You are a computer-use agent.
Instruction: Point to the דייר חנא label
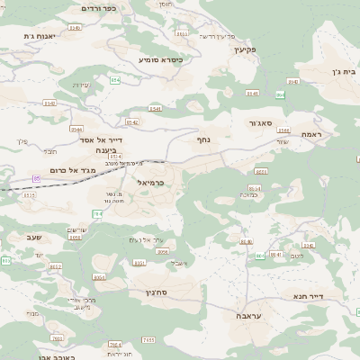pyautogui.click(x=307, y=294)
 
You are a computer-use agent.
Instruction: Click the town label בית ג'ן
pyautogui.click(x=326, y=69)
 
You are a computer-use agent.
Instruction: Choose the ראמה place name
pyautogui.click(x=311, y=134)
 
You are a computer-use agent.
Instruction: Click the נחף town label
pyautogui.click(x=203, y=139)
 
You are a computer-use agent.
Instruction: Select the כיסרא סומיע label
pyautogui.click(x=160, y=59)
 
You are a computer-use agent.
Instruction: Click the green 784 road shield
pyautogui.click(x=97, y=213)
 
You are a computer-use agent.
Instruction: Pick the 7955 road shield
pyautogui.click(x=123, y=339)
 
